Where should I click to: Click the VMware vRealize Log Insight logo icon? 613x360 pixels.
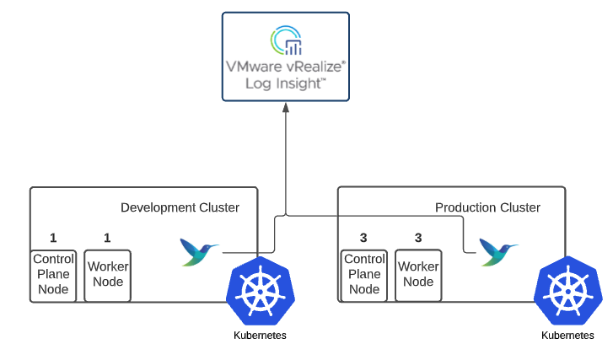pos(285,41)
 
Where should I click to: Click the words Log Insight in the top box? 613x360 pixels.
pos(285,83)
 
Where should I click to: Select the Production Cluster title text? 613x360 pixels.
pos(487,207)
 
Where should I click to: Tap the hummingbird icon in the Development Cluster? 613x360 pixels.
pos(200,251)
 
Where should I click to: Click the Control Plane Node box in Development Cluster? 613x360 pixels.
pos(53,275)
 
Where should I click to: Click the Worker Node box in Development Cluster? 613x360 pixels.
pos(108,275)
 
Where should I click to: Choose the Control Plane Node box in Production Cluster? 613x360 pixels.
pos(364,275)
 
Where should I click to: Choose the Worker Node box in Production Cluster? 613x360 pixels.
pos(418,275)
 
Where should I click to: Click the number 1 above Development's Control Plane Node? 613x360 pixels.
pos(53,238)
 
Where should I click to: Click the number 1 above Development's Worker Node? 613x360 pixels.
pos(107,238)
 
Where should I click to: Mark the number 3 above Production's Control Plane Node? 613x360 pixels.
pos(363,238)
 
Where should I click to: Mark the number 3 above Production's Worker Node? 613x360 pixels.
pos(418,238)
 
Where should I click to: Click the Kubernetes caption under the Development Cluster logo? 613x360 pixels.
pos(260,336)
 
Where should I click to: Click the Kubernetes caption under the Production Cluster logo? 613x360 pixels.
pos(567,336)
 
